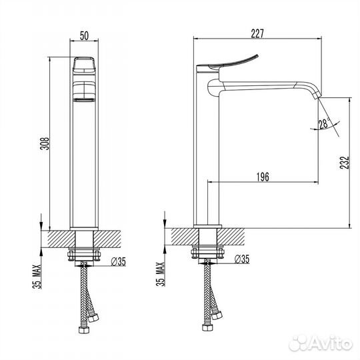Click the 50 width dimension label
pyautogui.click(x=84, y=35)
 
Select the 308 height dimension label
pyautogui.click(x=45, y=143)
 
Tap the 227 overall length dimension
pyautogui.click(x=257, y=33)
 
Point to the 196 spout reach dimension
pyautogui.click(x=263, y=177)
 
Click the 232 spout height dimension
pyautogui.click(x=345, y=163)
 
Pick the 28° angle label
pyautogui.click(x=324, y=123)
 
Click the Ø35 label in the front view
pyautogui.click(x=119, y=261)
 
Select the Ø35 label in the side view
pyautogui.click(x=242, y=259)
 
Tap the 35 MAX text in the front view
pyautogui.click(x=37, y=277)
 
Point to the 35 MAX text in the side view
pyautogui.click(x=161, y=274)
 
